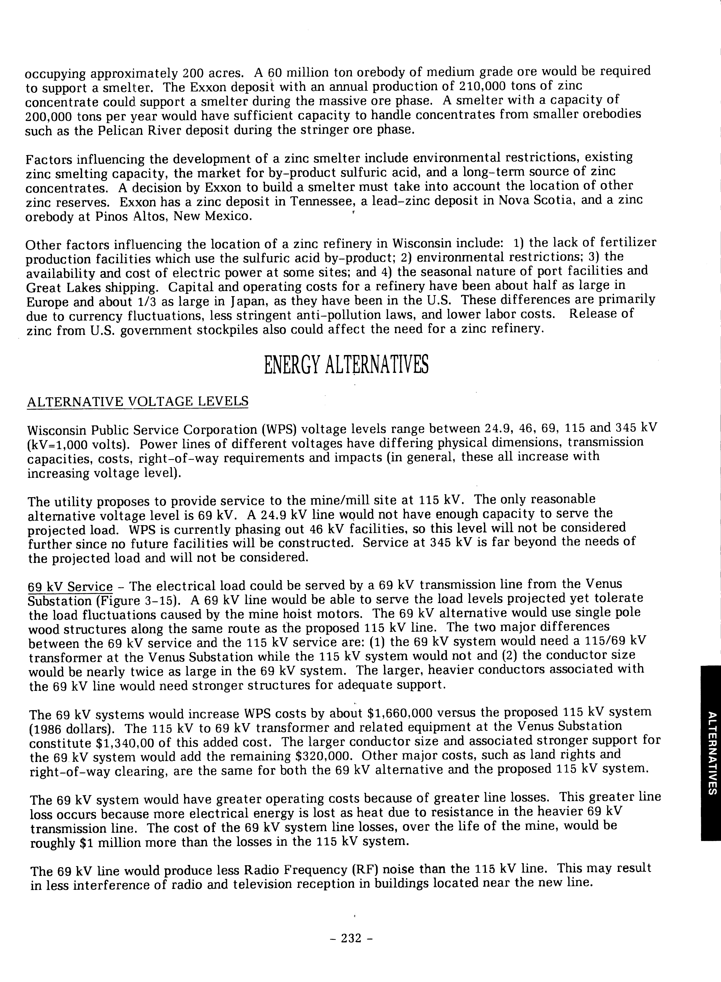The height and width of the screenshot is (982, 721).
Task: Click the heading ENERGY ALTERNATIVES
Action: click(346, 364)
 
